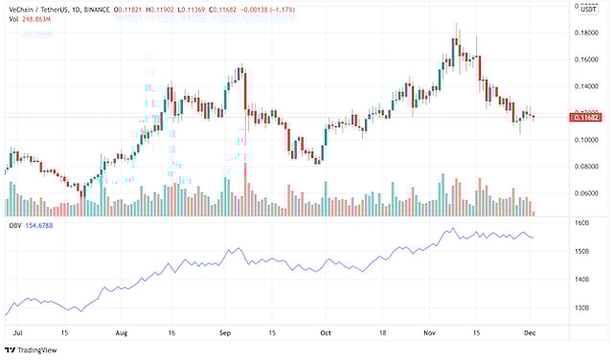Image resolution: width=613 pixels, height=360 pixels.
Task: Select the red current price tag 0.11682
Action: point(585,117)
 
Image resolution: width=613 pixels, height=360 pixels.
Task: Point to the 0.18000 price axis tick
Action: point(585,33)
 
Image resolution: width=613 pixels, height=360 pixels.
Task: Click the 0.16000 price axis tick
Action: point(585,59)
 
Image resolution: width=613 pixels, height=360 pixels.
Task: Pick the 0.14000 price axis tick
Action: point(585,86)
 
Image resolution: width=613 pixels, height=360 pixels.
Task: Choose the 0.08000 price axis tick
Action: point(585,167)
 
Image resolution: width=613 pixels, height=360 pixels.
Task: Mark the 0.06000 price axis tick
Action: point(585,193)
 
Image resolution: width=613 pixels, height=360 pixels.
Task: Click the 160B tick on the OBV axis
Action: point(580,223)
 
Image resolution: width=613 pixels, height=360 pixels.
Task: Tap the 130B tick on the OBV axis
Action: point(580,307)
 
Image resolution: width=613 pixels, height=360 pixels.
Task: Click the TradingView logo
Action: point(34,350)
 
